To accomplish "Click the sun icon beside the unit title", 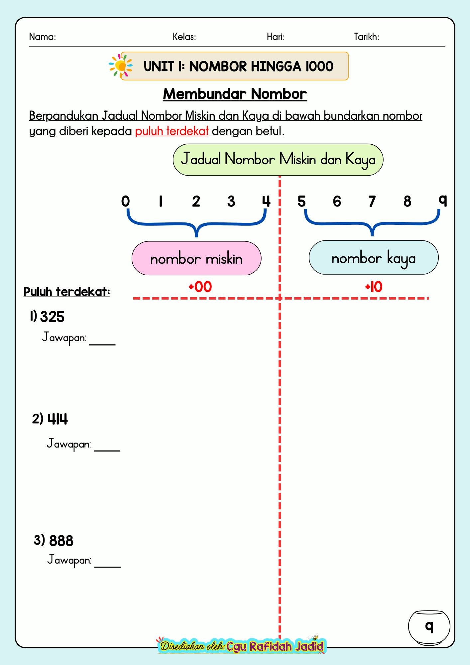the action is [x=120, y=66].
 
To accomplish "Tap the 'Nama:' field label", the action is [x=43, y=37].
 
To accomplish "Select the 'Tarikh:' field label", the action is [x=367, y=37].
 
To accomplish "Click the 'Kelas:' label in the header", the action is [x=184, y=37].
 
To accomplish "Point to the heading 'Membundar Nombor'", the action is [x=235, y=94].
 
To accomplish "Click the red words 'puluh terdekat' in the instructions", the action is [x=172, y=131].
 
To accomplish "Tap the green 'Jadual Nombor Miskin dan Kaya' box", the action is [x=278, y=160].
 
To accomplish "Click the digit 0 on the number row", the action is [x=125, y=201].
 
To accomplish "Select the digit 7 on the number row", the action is [x=372, y=201].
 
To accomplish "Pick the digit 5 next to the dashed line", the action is [x=301, y=201].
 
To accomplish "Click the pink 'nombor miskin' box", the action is [x=196, y=258].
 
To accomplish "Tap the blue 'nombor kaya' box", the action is [x=374, y=258].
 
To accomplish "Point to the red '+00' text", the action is [x=200, y=287].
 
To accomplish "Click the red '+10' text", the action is [x=374, y=287].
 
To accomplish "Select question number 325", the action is [x=52, y=317].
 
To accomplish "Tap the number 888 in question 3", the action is [x=61, y=541].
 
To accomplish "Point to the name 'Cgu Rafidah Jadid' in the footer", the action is [x=275, y=646].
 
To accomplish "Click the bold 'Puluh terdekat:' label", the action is [x=67, y=292].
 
